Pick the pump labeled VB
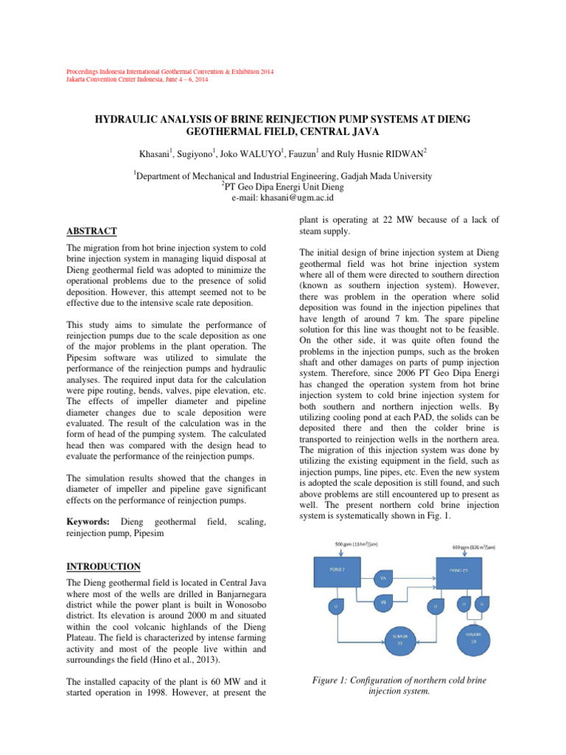pyautogui.click(x=383, y=603)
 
